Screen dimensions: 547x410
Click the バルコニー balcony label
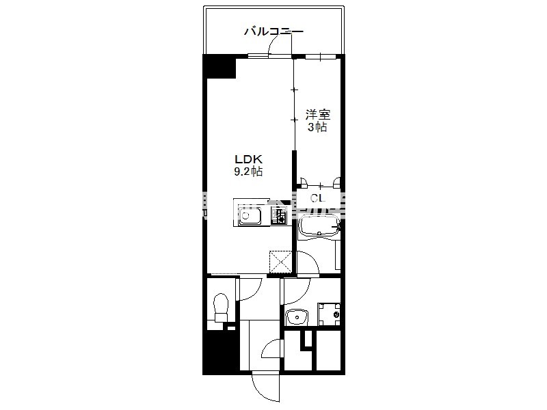coord(273,31)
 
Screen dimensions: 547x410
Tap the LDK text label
coord(248,159)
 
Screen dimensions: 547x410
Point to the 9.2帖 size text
coord(248,172)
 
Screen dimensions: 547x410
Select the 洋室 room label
coord(317,114)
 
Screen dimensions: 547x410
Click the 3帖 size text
coord(317,127)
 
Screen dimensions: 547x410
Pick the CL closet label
coord(318,198)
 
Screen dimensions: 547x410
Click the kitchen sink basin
coord(250,216)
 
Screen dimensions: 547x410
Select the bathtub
coord(319,227)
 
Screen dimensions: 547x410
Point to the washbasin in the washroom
coord(297,317)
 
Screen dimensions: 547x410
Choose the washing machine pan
coord(329,314)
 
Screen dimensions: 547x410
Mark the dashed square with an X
coord(280,262)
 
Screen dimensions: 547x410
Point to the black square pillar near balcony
coord(219,66)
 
